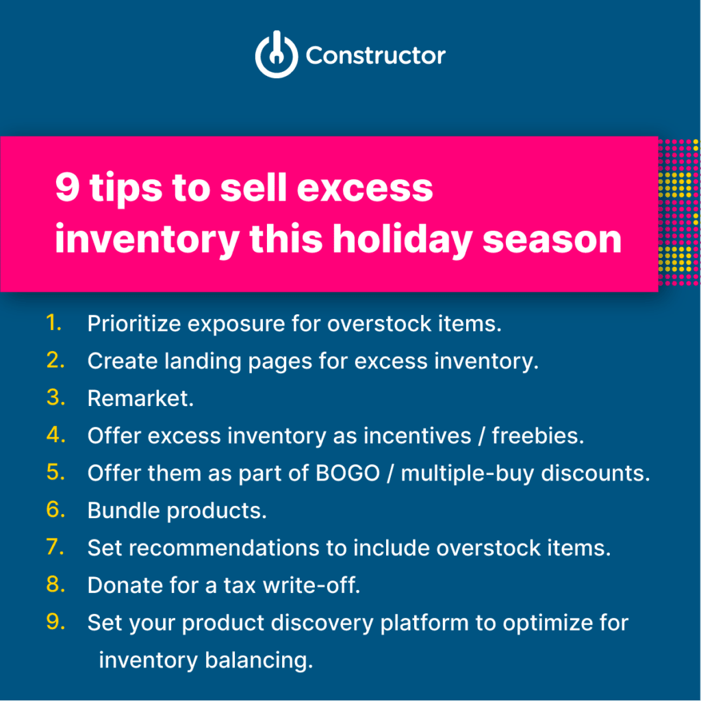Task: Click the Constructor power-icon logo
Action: [277, 55]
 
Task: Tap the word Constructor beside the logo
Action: [375, 55]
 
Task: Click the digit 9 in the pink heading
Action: [67, 188]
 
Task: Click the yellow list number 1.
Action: [54, 323]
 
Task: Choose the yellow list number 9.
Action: [55, 622]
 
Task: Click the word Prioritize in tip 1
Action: [133, 324]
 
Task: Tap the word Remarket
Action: [140, 398]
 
